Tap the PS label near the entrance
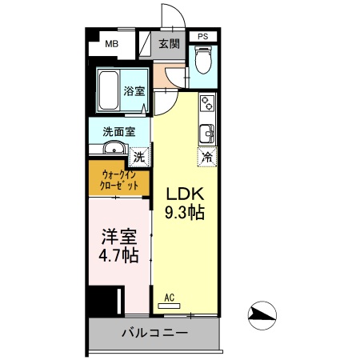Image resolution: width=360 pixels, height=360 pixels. [203, 36]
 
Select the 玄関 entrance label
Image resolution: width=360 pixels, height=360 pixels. [169, 44]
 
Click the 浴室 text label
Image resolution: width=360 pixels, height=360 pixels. [134, 90]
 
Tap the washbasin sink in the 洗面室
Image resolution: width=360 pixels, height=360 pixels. [113, 147]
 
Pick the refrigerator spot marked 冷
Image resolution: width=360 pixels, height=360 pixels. [207, 157]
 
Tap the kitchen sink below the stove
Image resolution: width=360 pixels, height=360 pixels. [207, 132]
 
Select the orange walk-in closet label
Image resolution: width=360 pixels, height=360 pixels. [118, 179]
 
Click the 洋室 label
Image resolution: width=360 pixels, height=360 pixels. [118, 238]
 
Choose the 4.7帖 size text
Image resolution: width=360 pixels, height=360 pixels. [118, 257]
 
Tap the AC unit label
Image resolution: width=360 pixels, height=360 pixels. [169, 298]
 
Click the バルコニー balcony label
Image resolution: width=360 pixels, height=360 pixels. [154, 332]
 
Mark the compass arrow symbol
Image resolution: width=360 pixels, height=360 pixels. [262, 316]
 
